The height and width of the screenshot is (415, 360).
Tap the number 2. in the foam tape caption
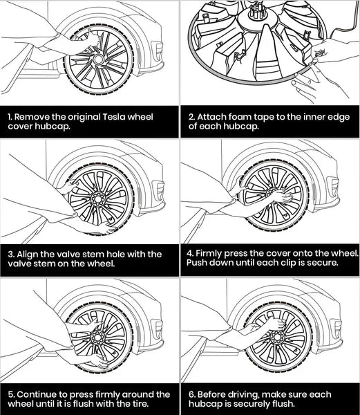191,117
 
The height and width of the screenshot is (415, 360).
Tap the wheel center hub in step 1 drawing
98,59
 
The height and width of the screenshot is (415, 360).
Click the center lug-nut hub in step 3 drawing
97,199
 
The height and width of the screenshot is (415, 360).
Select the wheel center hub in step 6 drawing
277,337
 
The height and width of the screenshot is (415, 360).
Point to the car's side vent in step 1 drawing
158,50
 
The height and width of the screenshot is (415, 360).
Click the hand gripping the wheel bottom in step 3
106,228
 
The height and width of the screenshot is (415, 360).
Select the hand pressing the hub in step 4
283,196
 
